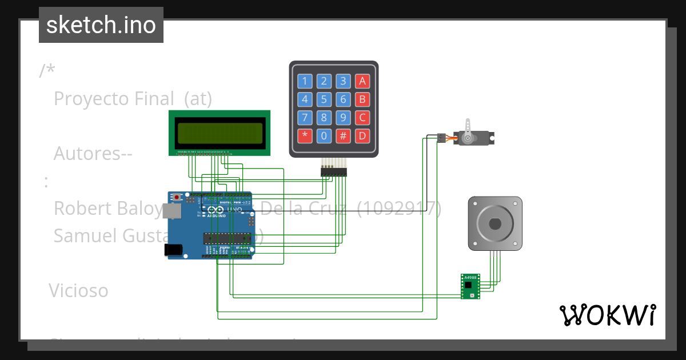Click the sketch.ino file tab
[101, 25]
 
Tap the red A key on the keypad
[362, 81]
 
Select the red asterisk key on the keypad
[305, 136]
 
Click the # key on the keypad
[343, 136]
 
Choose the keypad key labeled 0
[324, 136]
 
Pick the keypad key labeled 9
[343, 118]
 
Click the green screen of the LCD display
[220, 133]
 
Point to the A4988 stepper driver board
[470, 286]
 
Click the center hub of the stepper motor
[495, 223]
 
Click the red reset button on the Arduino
[177, 198]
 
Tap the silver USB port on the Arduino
[171, 211]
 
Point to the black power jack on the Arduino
[173, 250]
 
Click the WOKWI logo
[607, 315]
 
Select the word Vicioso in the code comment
[78, 290]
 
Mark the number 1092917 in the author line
[399, 209]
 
